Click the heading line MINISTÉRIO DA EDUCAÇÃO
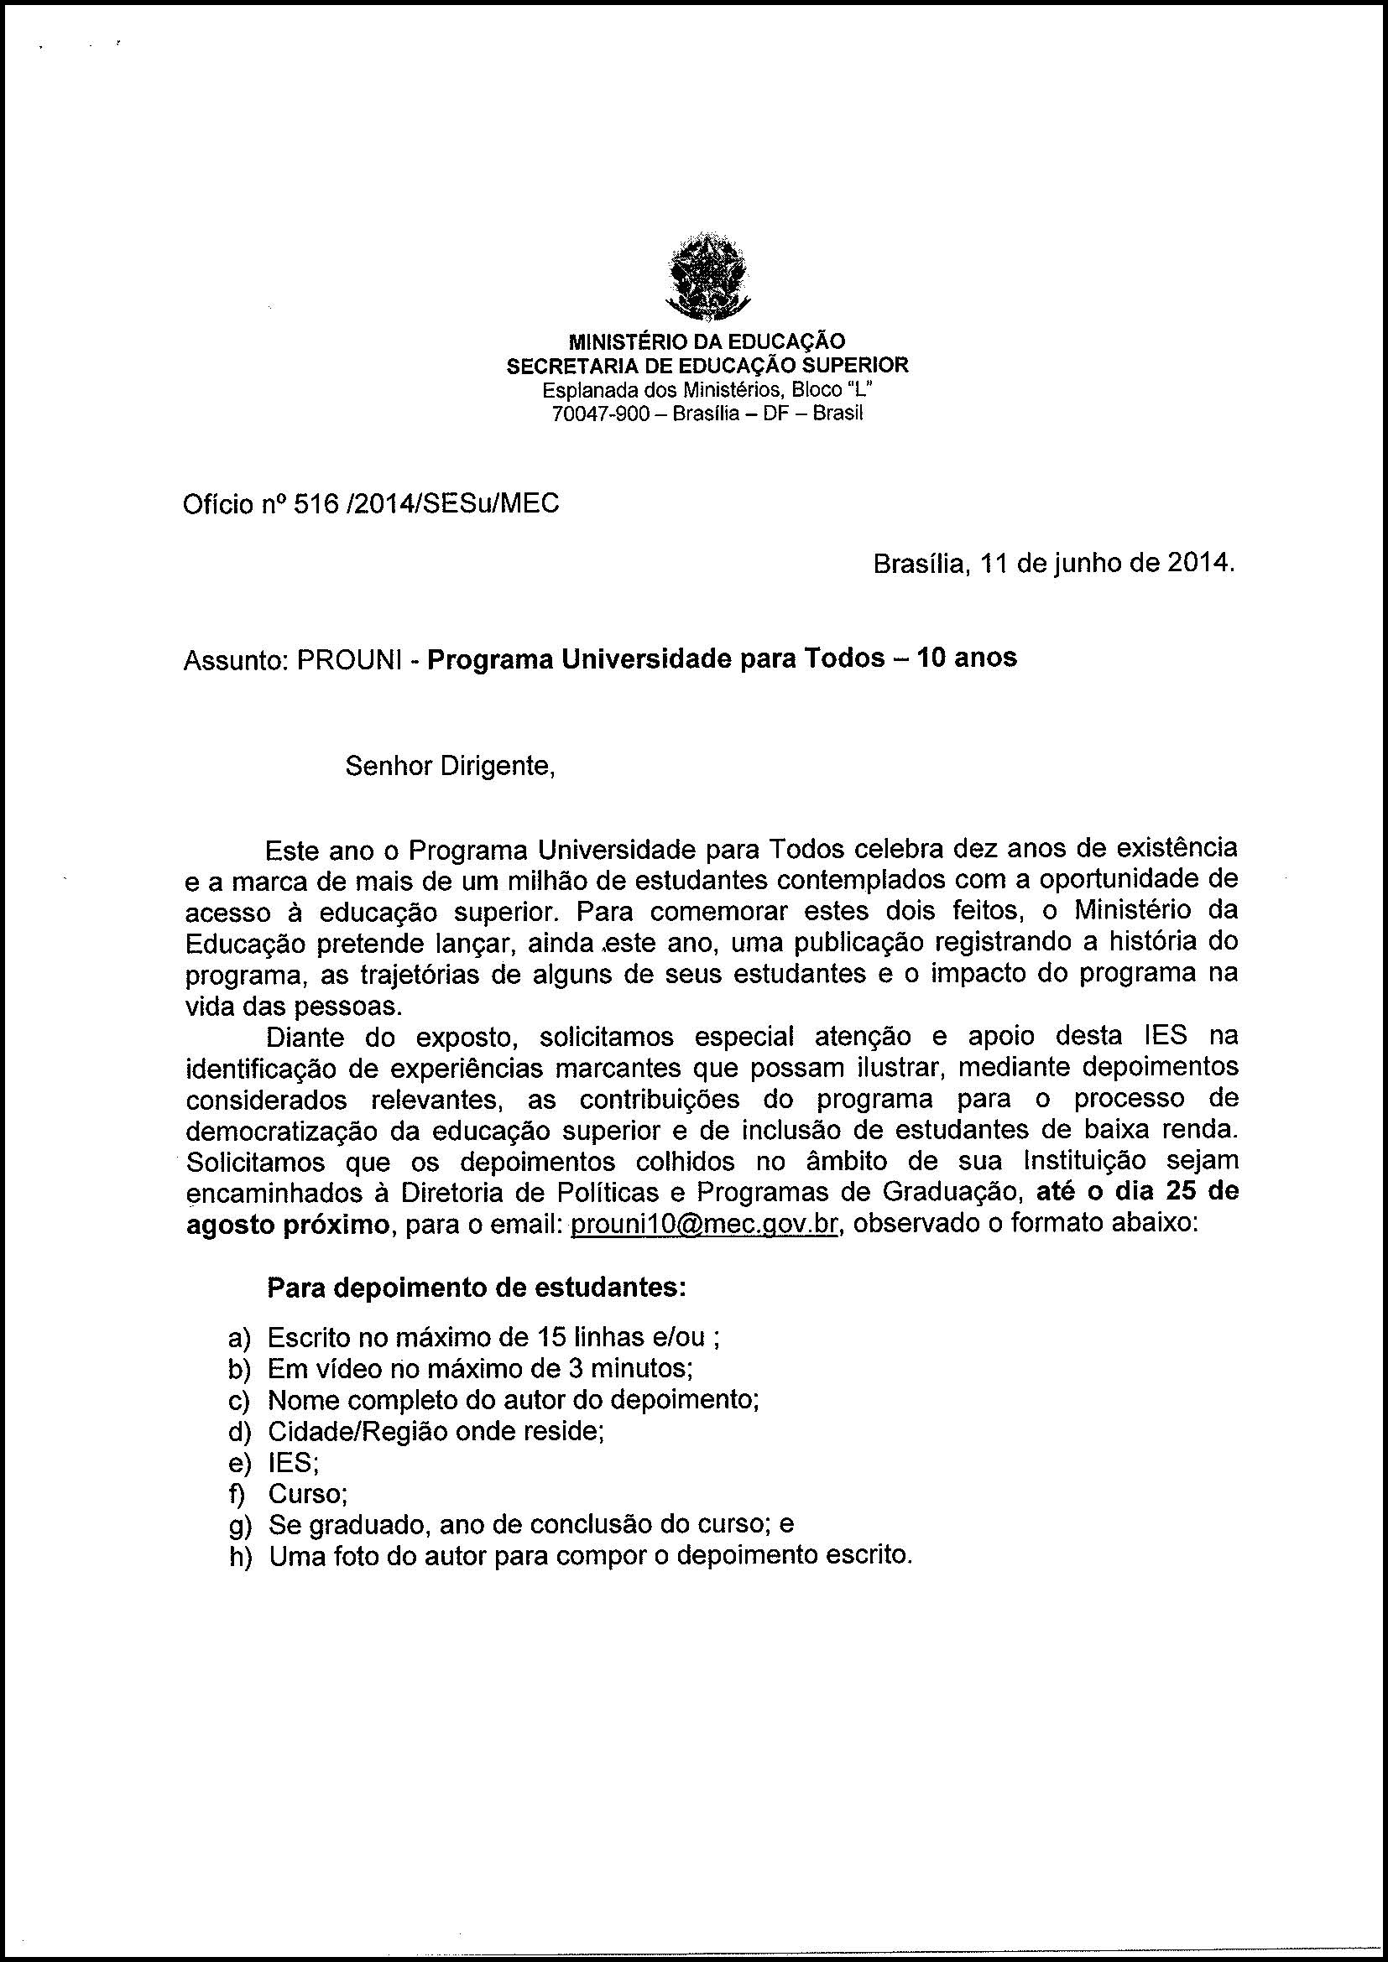coord(707,341)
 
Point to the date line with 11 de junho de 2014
coord(1054,565)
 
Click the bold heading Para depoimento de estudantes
coord(477,1287)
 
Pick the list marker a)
coord(238,1337)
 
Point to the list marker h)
coord(238,1557)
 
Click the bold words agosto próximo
coord(286,1225)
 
